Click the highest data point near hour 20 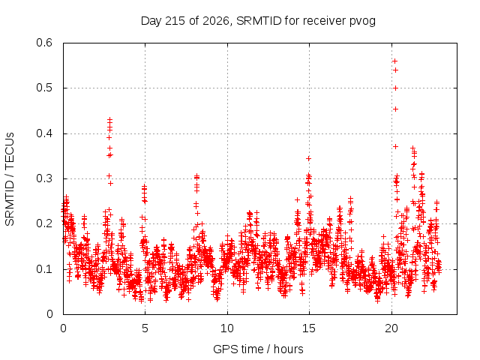(x=395, y=61)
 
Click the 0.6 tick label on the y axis (x=44, y=43)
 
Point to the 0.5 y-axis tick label (x=44, y=88)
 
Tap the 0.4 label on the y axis (x=44, y=133)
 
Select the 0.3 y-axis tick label (x=44, y=178)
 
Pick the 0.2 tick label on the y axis (x=44, y=223)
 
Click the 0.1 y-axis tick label (x=44, y=269)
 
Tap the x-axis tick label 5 (x=145, y=328)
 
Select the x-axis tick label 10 (x=227, y=328)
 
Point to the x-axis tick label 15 (x=309, y=328)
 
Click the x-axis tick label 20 (x=391, y=328)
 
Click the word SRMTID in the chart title (x=259, y=21)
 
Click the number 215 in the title (x=175, y=21)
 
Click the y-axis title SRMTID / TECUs (x=10, y=179)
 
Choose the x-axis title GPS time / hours (x=258, y=349)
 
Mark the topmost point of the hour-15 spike (x=308, y=158)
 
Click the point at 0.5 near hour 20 (x=395, y=88)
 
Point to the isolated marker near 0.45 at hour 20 (x=395, y=109)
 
